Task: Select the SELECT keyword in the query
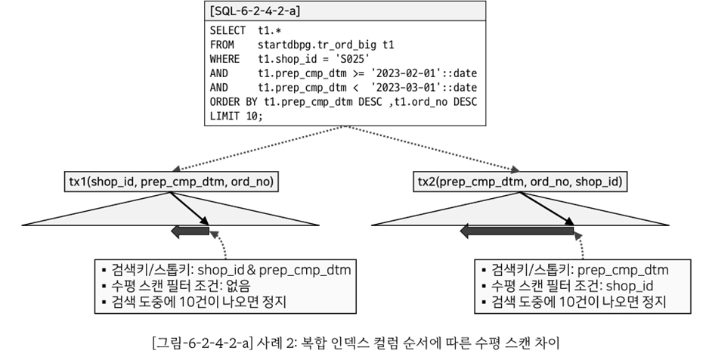tap(228, 30)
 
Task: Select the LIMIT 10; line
tap(237, 116)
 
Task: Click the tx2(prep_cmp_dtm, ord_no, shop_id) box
tap(522, 182)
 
